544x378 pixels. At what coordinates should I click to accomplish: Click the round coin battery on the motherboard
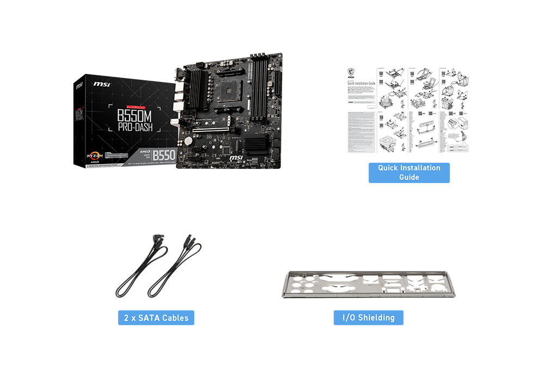189,140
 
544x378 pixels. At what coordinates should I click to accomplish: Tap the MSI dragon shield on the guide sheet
351,72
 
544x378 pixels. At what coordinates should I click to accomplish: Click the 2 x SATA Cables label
156,317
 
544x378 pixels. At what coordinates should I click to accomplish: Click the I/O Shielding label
368,317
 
